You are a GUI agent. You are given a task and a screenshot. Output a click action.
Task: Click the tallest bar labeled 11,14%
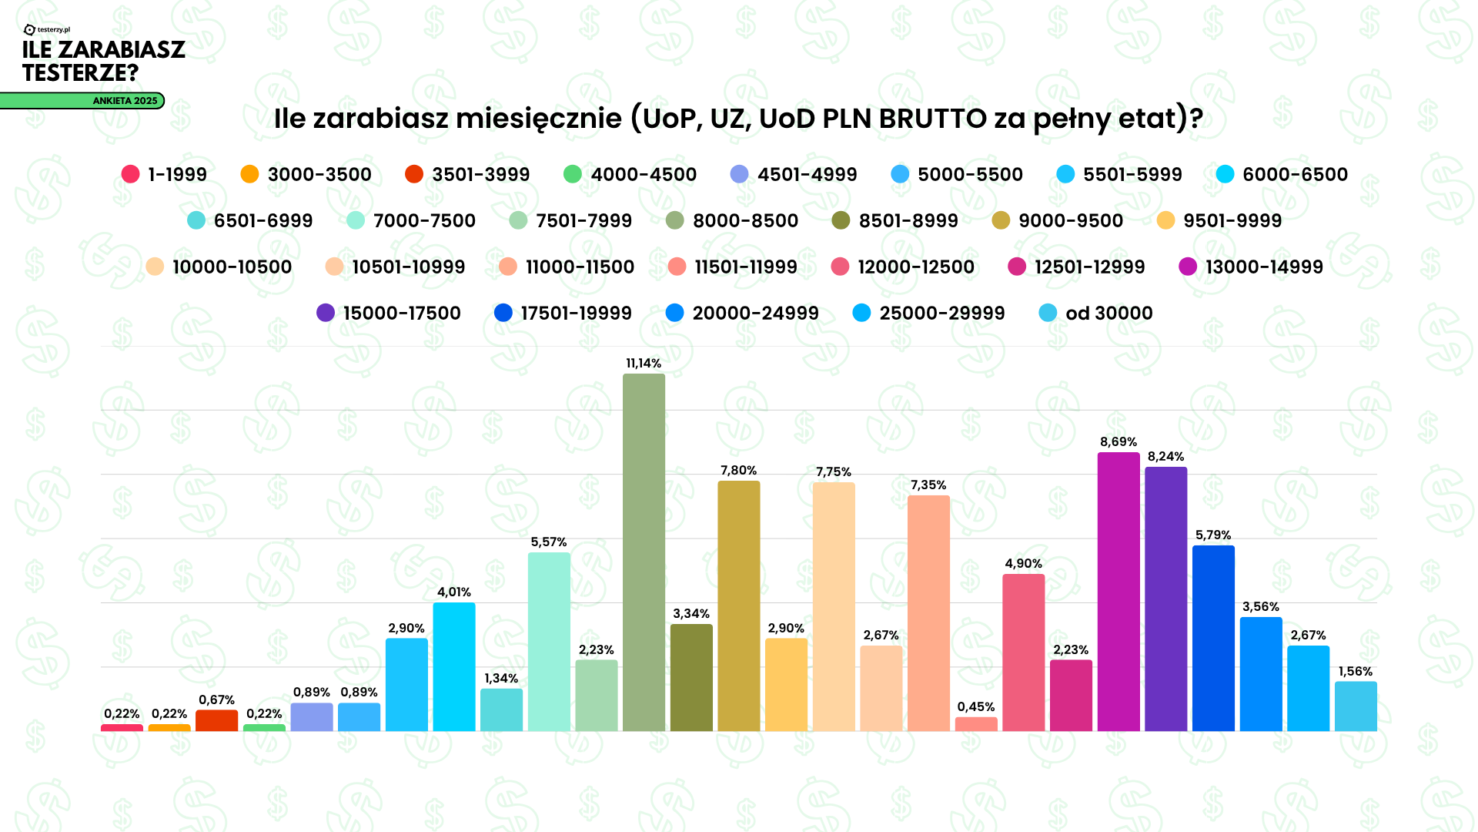coord(644,552)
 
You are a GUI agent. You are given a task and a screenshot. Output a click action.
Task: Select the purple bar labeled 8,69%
coord(1118,592)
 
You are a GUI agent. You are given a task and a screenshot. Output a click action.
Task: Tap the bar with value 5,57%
coord(549,641)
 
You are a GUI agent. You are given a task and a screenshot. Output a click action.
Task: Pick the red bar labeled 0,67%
coord(216,720)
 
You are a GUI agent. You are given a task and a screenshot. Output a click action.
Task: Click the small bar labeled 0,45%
coord(975,724)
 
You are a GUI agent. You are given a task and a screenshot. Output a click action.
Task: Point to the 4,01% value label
coord(453,592)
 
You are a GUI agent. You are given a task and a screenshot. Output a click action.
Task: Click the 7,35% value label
coord(928,485)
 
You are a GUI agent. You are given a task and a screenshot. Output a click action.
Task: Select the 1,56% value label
coord(1355,671)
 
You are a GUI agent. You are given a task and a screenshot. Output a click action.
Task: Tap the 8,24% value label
coord(1165,456)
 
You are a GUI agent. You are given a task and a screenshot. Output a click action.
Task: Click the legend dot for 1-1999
coord(130,174)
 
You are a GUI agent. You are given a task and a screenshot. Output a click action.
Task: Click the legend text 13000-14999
coord(1264,267)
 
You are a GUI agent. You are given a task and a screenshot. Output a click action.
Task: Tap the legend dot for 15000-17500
coord(326,313)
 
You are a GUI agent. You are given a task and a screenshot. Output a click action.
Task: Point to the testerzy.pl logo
coord(47,30)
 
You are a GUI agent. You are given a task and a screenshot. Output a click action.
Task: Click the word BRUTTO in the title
coord(932,119)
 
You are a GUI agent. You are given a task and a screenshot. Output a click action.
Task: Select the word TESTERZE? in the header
coord(81,73)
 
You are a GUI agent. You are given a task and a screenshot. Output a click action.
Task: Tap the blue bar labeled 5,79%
coord(1213,638)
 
